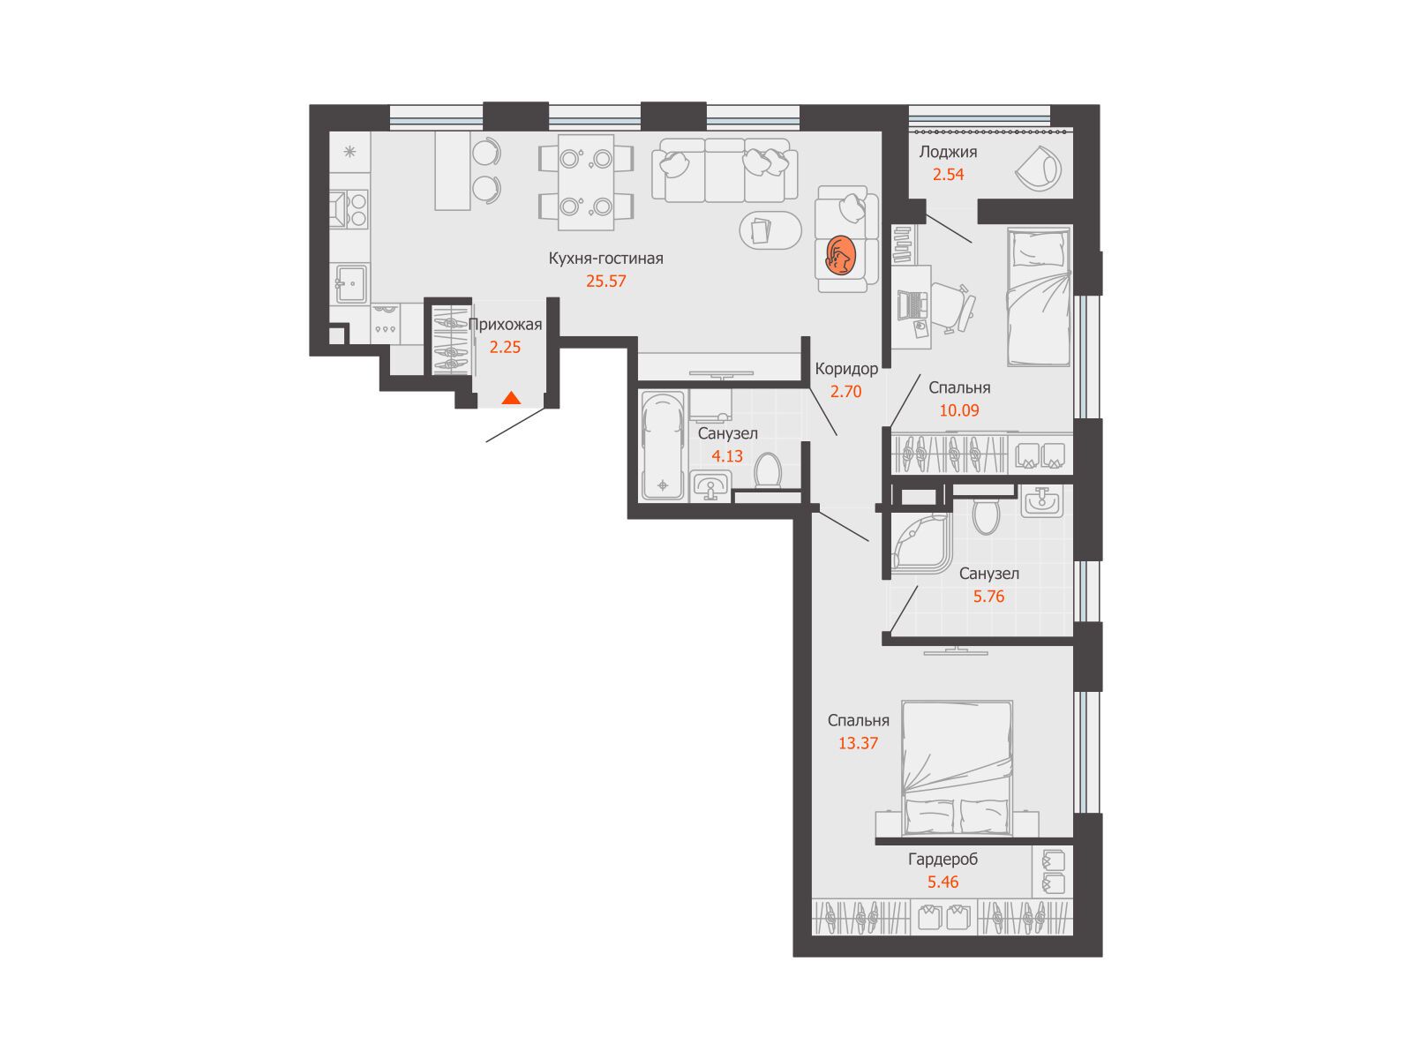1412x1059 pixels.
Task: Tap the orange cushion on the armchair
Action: pyautogui.click(x=840, y=255)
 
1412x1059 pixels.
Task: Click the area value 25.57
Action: pyautogui.click(x=605, y=281)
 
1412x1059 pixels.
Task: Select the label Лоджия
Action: pyautogui.click(x=948, y=152)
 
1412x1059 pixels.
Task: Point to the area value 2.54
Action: pyautogui.click(x=948, y=174)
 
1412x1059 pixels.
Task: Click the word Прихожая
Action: pyautogui.click(x=505, y=325)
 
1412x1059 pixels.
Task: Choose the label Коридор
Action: pyautogui.click(x=846, y=369)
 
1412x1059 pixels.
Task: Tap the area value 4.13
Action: pyautogui.click(x=727, y=456)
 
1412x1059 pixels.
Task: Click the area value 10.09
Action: pyautogui.click(x=959, y=410)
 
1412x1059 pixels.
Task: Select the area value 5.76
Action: pyautogui.click(x=988, y=596)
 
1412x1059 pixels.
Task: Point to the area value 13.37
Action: pyautogui.click(x=858, y=743)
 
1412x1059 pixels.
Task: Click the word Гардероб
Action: pyautogui.click(x=943, y=859)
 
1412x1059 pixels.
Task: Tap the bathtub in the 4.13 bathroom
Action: pyautogui.click(x=663, y=446)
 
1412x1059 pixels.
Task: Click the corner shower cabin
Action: pyautogui.click(x=920, y=543)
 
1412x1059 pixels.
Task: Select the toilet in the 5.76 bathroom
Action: pyautogui.click(x=985, y=512)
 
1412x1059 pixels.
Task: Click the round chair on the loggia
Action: pyautogui.click(x=1038, y=169)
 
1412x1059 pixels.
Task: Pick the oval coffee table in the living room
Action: pyautogui.click(x=770, y=230)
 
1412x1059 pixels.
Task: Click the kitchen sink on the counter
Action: pyautogui.click(x=349, y=283)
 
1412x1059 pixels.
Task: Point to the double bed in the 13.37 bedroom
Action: pyautogui.click(x=957, y=769)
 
